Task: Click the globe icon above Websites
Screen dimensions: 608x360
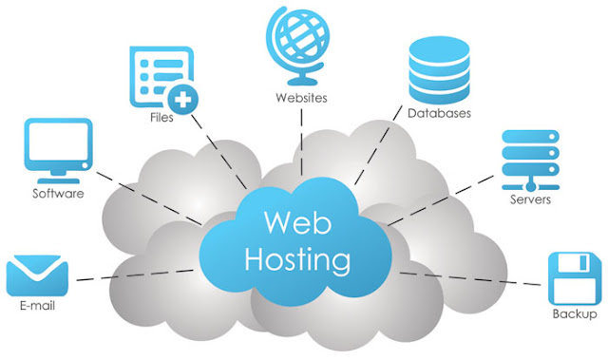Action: click(x=297, y=46)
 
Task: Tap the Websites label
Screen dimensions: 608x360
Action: click(x=301, y=98)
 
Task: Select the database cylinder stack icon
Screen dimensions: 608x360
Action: click(x=439, y=70)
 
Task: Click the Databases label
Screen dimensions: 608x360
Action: click(x=439, y=113)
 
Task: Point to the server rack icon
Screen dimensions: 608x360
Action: click(x=530, y=160)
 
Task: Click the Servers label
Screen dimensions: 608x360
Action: click(x=530, y=199)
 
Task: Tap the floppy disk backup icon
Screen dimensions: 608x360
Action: click(x=575, y=278)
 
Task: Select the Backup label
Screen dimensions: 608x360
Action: click(x=575, y=313)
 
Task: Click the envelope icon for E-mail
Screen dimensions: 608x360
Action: click(x=37, y=275)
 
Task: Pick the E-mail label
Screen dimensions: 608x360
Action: click(x=37, y=306)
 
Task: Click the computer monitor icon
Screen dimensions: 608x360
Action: click(x=59, y=151)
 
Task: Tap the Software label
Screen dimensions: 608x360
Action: click(x=58, y=194)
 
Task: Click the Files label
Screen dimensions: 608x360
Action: click(x=161, y=117)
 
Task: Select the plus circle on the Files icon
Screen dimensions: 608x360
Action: click(x=182, y=100)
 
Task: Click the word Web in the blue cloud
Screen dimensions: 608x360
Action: click(x=297, y=222)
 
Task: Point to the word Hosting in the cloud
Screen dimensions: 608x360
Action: click(x=297, y=259)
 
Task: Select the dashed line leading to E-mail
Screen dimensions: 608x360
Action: click(x=135, y=275)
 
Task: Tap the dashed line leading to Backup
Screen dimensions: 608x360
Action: click(x=470, y=279)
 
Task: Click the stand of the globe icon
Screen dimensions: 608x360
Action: click(x=302, y=78)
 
